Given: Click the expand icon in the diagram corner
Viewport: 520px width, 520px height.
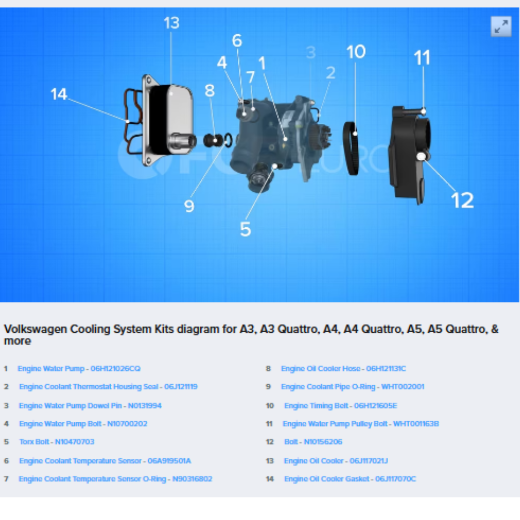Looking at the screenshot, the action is click(501, 26).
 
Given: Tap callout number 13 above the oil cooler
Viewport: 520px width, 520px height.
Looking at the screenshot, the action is click(171, 23).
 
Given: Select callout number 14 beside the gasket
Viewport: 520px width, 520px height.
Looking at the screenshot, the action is click(59, 94).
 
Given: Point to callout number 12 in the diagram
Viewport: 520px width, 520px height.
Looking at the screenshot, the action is click(462, 200).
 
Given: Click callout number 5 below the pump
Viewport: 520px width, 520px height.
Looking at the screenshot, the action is click(246, 229).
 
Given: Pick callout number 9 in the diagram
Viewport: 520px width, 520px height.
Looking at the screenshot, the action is click(189, 206).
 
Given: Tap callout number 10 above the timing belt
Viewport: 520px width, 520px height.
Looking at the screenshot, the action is click(356, 52).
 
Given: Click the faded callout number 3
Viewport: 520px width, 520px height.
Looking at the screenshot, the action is click(311, 52).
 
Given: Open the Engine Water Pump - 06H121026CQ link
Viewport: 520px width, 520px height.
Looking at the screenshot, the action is click(79, 368).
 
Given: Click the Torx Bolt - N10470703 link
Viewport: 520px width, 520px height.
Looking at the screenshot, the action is click(57, 442).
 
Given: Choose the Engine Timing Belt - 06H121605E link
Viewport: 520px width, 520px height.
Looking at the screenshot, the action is click(340, 405).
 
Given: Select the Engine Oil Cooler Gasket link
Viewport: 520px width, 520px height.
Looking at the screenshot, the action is click(350, 479).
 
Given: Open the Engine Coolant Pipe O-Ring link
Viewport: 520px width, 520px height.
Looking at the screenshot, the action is click(352, 387).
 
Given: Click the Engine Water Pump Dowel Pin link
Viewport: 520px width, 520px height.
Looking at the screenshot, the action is click(90, 405).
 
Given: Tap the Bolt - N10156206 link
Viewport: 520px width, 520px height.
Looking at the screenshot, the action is click(313, 442).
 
